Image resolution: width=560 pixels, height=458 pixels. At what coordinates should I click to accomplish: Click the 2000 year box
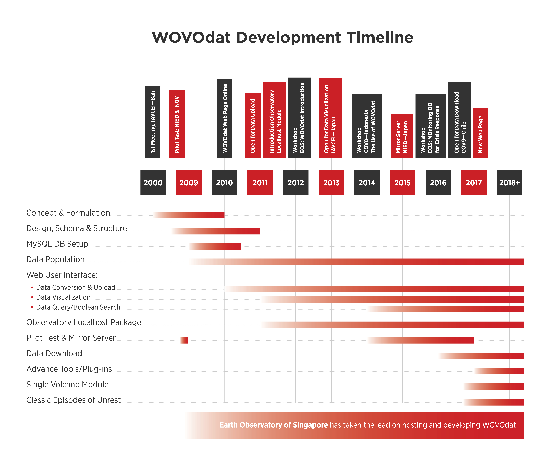153,182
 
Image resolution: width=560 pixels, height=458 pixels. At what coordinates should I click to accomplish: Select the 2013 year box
331,182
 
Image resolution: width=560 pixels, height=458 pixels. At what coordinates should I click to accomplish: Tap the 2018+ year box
509,182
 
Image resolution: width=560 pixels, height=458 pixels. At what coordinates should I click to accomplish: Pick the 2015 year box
402,182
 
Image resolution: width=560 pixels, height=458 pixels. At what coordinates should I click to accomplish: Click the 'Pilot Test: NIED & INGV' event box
177,124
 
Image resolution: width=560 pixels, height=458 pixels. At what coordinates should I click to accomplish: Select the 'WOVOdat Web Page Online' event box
224,118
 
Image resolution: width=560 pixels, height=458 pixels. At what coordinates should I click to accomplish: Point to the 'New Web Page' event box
480,133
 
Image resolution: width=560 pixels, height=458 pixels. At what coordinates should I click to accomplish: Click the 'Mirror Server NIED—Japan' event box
402,136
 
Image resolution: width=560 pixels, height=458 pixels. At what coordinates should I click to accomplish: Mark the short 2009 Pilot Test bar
184,340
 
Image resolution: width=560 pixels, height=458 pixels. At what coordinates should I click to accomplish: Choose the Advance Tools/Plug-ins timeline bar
499,371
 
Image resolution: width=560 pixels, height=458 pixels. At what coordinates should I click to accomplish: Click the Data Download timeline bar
481,356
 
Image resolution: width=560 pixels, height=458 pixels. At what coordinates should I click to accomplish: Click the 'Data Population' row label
55,259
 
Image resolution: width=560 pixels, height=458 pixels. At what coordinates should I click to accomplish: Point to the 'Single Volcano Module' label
67,384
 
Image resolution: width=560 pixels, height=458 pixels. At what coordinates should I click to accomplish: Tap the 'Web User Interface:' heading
62,275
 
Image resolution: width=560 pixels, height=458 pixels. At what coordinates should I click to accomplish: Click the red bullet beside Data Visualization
32,297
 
